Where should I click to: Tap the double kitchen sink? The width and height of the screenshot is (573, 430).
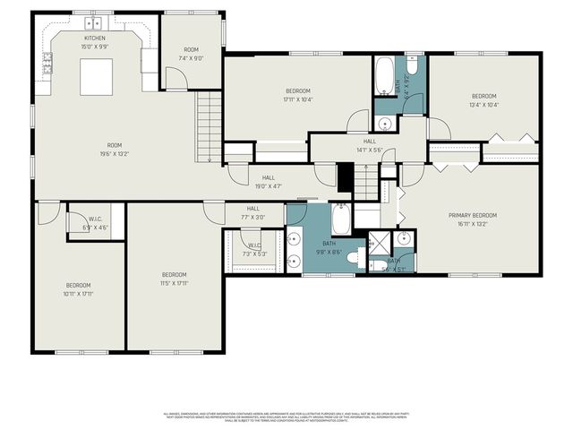coord(94,22)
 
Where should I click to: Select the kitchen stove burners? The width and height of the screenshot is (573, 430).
coord(47,63)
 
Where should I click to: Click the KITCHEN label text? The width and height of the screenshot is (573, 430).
coord(95,39)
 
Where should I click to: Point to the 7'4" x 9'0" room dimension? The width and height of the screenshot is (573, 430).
coord(191,57)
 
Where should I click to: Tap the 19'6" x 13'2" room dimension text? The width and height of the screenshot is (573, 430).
coord(115,153)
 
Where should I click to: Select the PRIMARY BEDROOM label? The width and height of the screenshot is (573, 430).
coord(472,215)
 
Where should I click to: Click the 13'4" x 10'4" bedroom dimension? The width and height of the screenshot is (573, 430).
coord(483,105)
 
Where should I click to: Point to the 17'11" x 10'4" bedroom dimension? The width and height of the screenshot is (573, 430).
coord(297,99)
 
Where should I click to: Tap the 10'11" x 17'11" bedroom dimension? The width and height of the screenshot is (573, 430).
coord(79,293)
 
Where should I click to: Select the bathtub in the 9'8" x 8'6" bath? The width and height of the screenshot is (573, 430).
coord(342,218)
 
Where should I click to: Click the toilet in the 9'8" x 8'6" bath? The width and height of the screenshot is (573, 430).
coord(353,258)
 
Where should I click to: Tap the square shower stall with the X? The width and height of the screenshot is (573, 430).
coord(380,244)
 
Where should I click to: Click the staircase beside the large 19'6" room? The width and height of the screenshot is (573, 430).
coord(210,125)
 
